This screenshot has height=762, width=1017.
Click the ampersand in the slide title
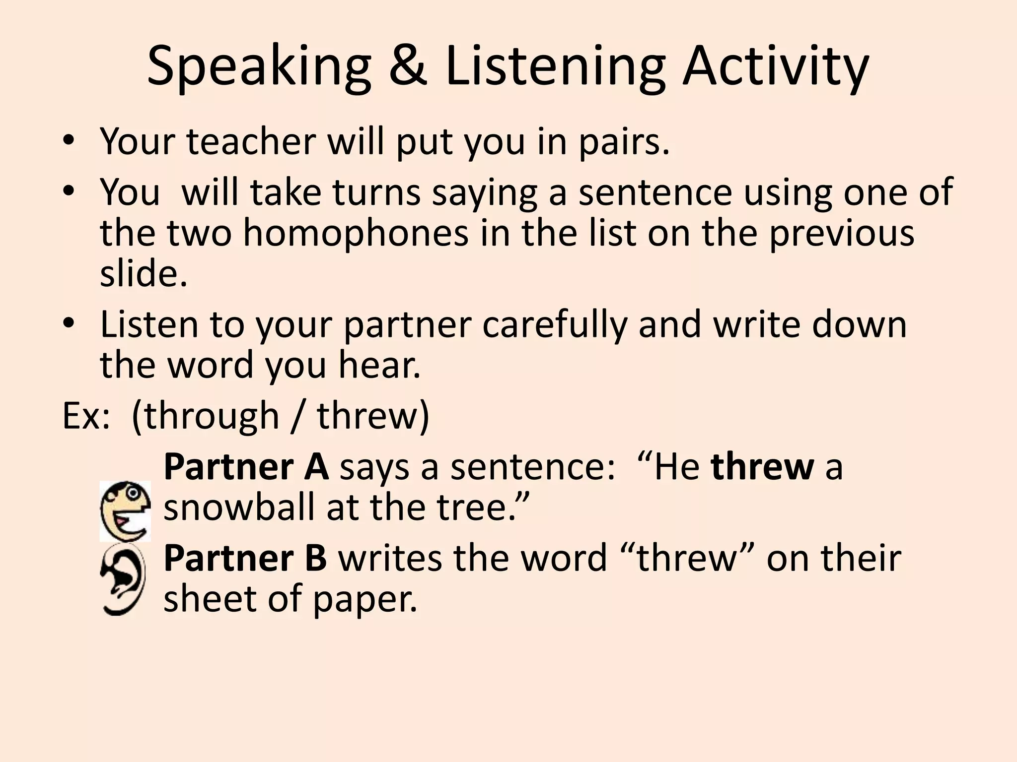[x=408, y=66]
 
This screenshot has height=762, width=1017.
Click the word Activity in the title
[x=775, y=66]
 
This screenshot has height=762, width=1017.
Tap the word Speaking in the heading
[x=259, y=66]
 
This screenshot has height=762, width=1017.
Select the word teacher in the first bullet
[x=251, y=141]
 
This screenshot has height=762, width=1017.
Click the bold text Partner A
[x=246, y=467]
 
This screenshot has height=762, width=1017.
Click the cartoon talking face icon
[x=125, y=511]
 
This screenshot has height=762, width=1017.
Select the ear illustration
[x=123, y=582]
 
